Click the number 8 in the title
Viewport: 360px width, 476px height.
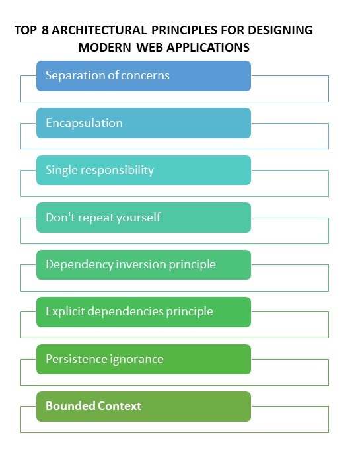pyautogui.click(x=45, y=30)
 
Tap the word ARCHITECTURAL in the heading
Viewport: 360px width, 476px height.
pyautogui.click(x=99, y=30)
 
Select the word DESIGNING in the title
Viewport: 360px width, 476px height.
pyautogui.click(x=280, y=30)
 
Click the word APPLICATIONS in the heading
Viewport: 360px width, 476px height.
pyautogui.click(x=208, y=48)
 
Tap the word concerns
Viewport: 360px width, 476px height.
pyautogui.click(x=145, y=76)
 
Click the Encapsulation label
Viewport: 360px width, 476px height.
pyautogui.click(x=84, y=123)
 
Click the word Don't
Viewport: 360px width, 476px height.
pyautogui.click(x=60, y=218)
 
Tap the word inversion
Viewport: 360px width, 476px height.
pyautogui.click(x=141, y=264)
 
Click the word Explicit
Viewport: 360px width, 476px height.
pyautogui.click(x=65, y=311)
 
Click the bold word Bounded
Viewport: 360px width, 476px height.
pyautogui.click(x=71, y=406)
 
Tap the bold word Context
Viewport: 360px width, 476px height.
pyautogui.click(x=120, y=406)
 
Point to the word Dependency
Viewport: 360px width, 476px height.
pyautogui.click(x=79, y=264)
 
